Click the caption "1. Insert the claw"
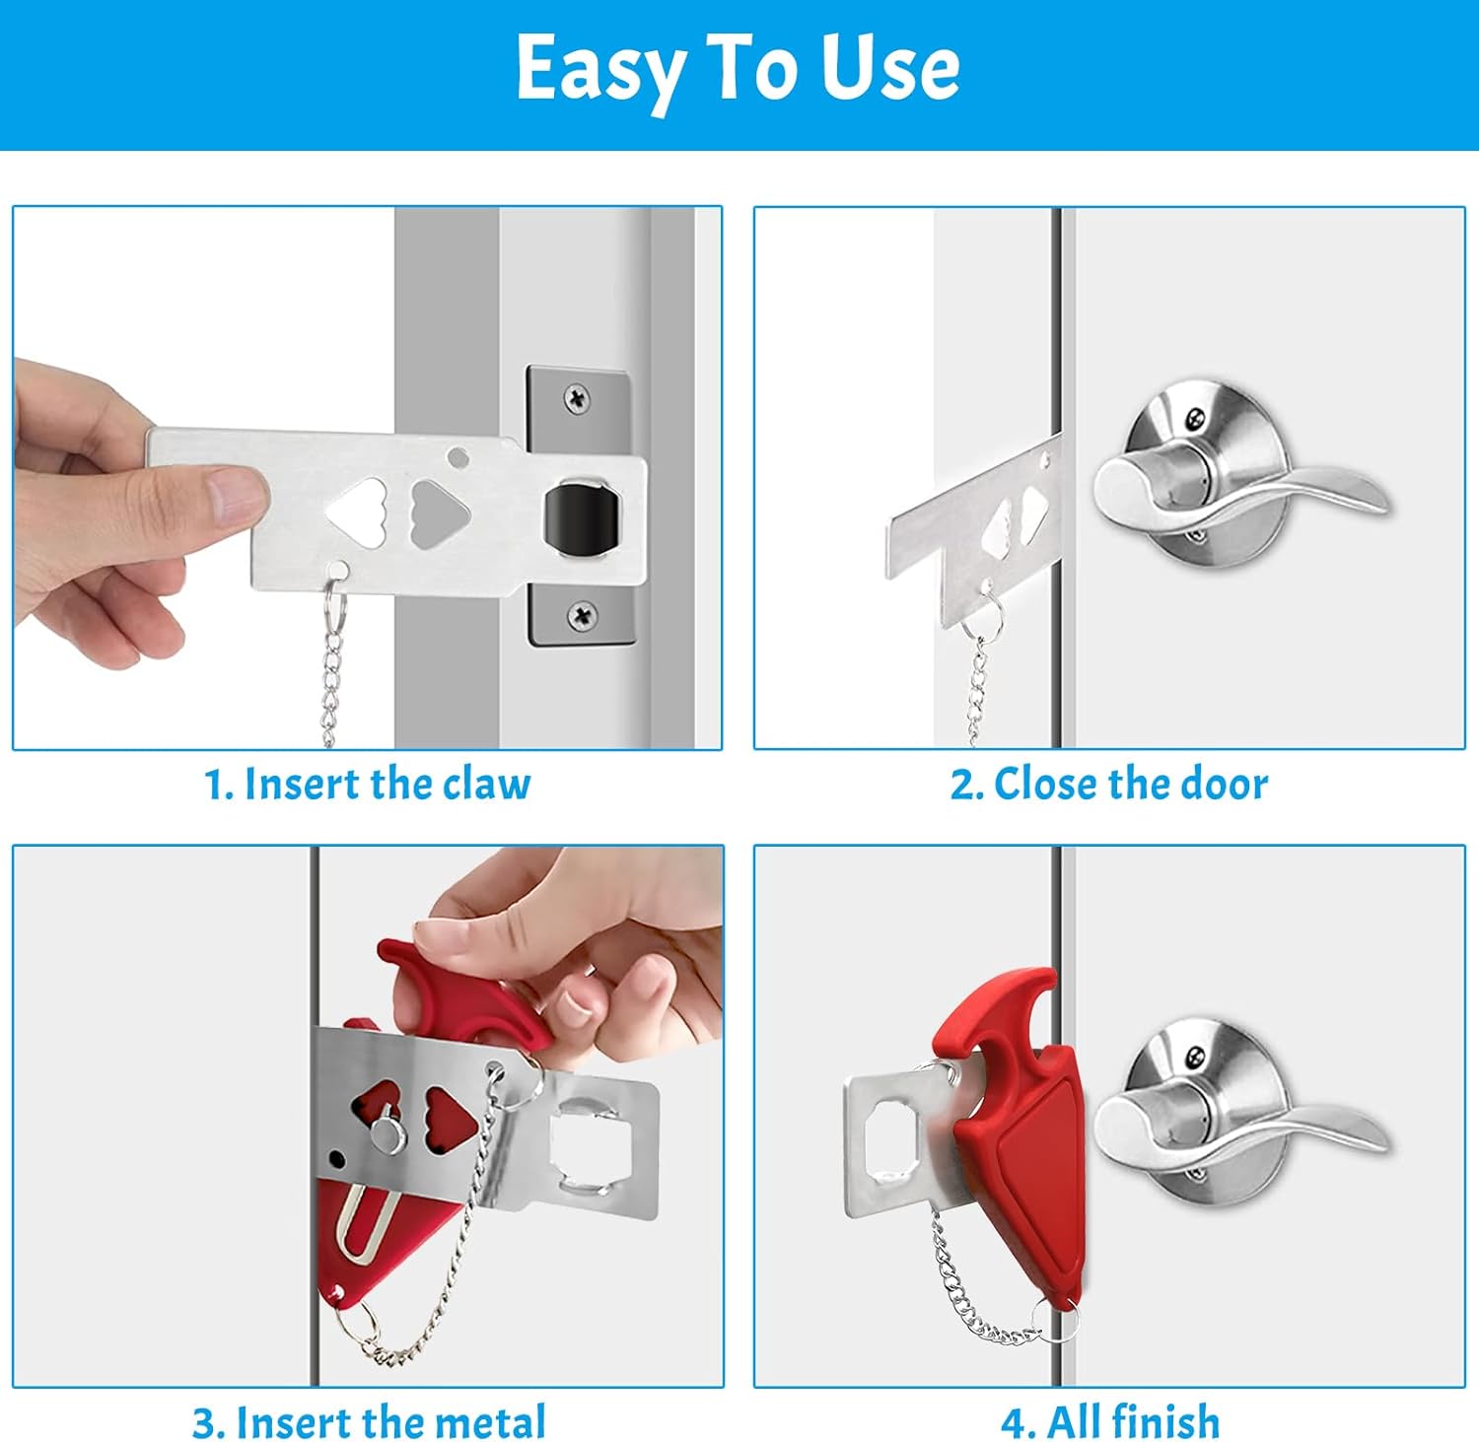point(367,785)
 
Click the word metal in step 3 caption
point(489,1422)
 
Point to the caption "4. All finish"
point(1110,1422)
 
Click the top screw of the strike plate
point(577,399)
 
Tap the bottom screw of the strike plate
point(583,617)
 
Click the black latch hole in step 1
point(582,513)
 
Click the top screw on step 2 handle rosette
point(1195,418)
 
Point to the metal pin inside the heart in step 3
point(387,1133)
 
